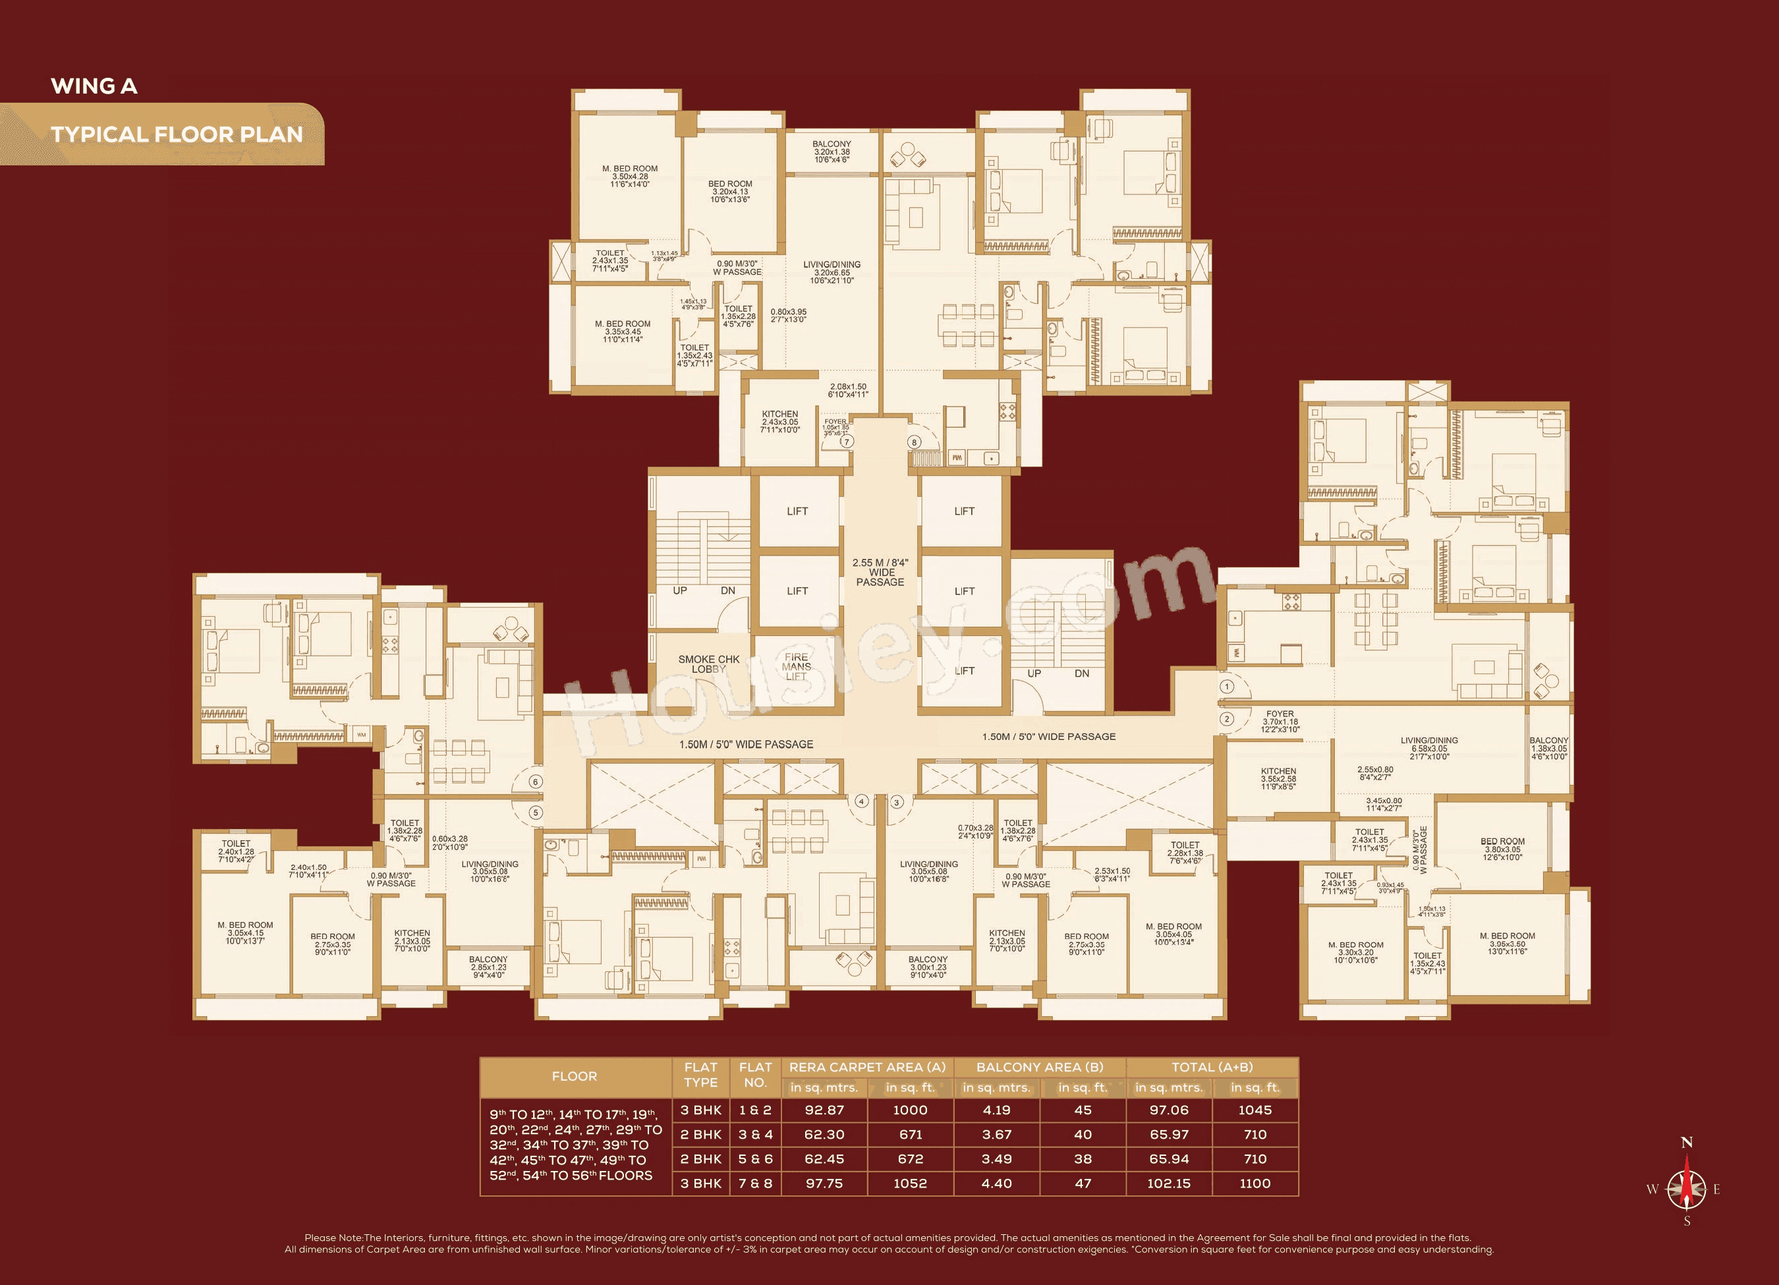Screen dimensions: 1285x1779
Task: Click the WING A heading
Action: click(x=94, y=86)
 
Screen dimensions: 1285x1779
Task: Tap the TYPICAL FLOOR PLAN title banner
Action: click(x=177, y=134)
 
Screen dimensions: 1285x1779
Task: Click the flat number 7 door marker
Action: click(x=847, y=442)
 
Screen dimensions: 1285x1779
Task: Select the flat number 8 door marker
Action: click(x=914, y=442)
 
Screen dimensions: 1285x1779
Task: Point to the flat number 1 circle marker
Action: click(x=1227, y=687)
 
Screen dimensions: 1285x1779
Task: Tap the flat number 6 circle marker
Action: click(x=536, y=782)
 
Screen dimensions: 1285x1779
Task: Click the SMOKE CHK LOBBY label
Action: click(x=708, y=664)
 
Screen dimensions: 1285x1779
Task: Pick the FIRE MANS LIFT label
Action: click(x=796, y=667)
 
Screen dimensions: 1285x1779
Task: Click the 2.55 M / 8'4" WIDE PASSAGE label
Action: click(x=880, y=573)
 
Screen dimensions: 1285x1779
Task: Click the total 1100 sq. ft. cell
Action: click(x=1255, y=1183)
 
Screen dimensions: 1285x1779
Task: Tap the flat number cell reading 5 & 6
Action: click(x=755, y=1158)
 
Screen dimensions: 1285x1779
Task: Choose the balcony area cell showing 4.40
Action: click(x=996, y=1183)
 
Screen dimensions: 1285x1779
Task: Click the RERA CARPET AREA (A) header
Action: click(x=866, y=1067)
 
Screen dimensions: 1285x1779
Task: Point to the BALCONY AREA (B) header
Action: click(x=1039, y=1067)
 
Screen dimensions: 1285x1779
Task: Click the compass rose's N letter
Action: click(x=1687, y=1142)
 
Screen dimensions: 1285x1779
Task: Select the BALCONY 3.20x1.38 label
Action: click(x=832, y=152)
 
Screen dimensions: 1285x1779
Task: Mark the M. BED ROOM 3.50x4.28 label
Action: click(x=630, y=177)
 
